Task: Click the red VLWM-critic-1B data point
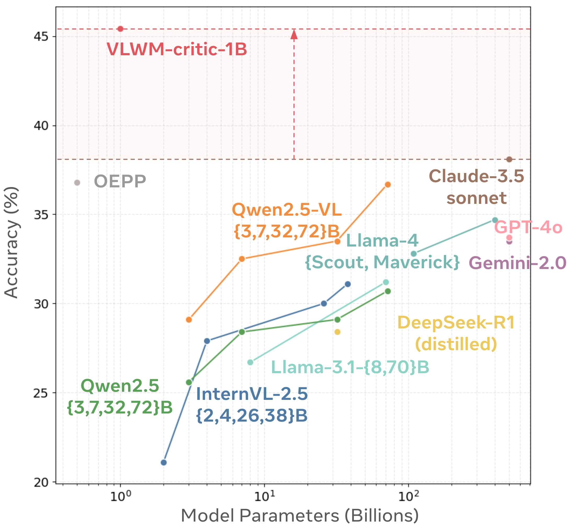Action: click(x=120, y=29)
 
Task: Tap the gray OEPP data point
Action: click(x=77, y=182)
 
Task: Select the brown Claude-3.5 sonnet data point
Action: click(x=509, y=159)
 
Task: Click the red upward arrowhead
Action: click(x=294, y=35)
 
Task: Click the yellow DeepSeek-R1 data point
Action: click(x=337, y=332)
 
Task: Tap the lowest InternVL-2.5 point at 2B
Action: click(x=163, y=462)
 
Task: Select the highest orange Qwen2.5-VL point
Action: click(x=388, y=185)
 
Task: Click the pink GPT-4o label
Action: click(x=528, y=228)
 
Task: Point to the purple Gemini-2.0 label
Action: click(x=518, y=263)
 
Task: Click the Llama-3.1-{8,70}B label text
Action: click(x=350, y=367)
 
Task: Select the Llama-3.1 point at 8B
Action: click(x=250, y=362)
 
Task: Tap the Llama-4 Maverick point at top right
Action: click(x=495, y=220)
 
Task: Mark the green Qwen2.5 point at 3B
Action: click(x=189, y=382)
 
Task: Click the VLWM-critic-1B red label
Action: click(x=177, y=49)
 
